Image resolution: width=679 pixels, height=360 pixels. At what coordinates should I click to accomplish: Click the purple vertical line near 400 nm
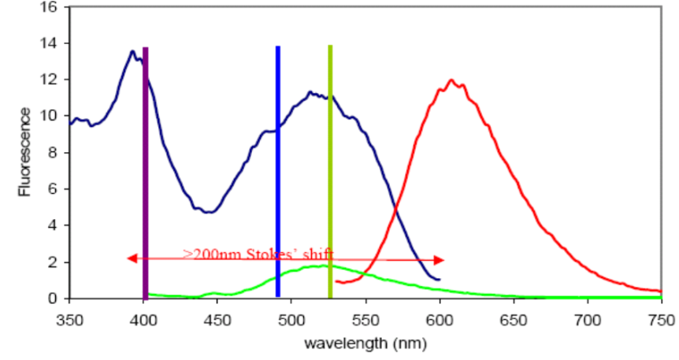(145, 173)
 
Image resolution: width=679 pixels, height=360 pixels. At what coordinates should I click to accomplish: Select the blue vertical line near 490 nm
(278, 173)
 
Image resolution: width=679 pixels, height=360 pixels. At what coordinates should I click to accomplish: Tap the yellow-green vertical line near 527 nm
(330, 173)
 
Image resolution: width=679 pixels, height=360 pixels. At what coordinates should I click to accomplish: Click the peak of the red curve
(451, 80)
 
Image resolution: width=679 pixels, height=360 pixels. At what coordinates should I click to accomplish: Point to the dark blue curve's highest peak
(132, 51)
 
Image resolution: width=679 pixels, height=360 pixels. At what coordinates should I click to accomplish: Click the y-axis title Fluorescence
(26, 153)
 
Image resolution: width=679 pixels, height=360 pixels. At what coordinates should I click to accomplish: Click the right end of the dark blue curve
(439, 279)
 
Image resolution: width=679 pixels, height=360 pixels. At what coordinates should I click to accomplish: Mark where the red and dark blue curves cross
(395, 207)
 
